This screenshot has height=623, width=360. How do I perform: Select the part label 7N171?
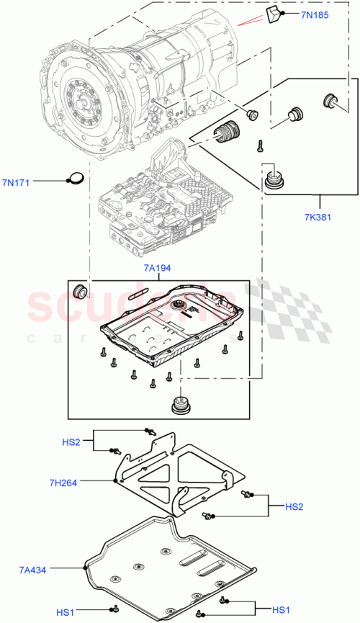pyautogui.click(x=15, y=182)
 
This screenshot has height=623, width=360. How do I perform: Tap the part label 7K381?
pyautogui.click(x=318, y=216)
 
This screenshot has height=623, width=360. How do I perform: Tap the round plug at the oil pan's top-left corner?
pyautogui.click(x=81, y=291)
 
